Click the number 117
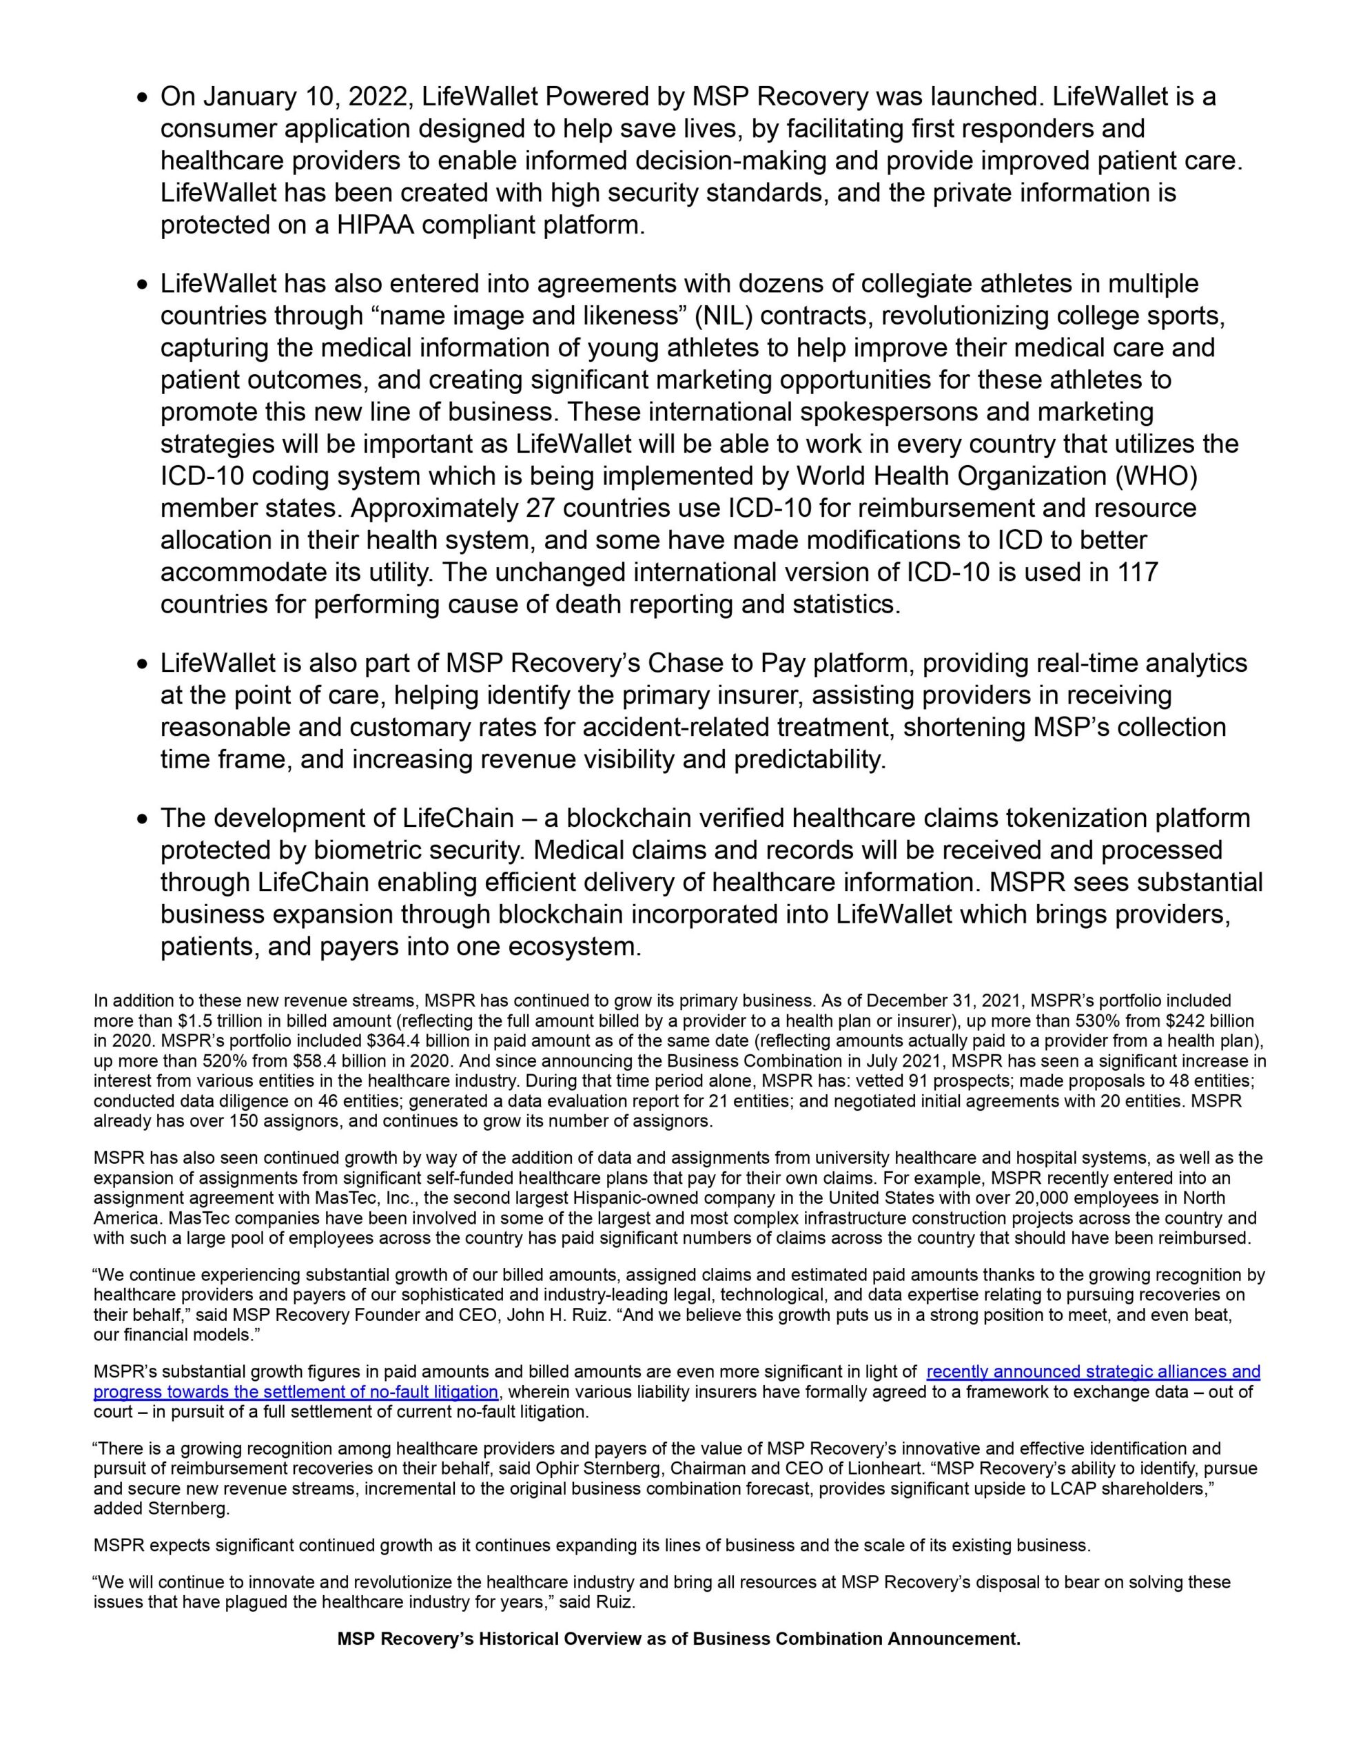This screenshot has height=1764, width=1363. point(1138,573)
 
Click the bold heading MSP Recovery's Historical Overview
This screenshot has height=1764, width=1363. point(679,1639)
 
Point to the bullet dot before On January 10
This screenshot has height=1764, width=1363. point(143,99)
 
